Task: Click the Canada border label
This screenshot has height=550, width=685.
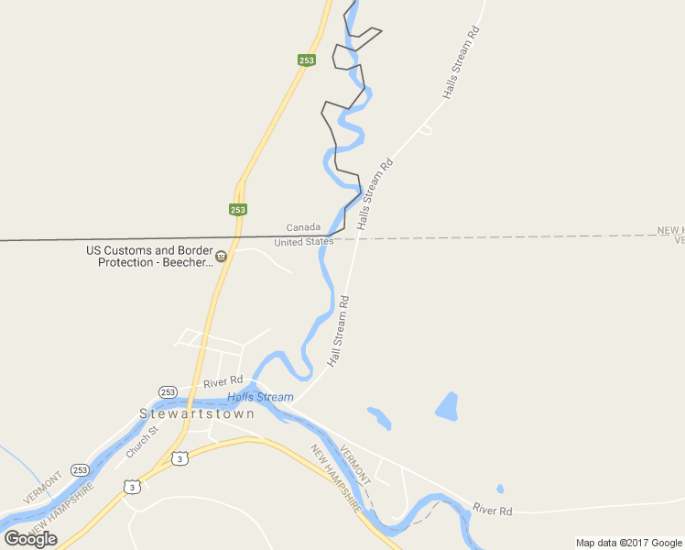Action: [x=303, y=227]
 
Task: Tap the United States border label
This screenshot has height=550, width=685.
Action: [x=304, y=242]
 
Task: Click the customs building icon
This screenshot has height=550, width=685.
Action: [x=221, y=256]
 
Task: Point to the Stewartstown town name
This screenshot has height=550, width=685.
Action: [x=197, y=413]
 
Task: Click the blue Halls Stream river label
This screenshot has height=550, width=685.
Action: [x=260, y=397]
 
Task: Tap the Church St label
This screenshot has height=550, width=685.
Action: [x=142, y=441]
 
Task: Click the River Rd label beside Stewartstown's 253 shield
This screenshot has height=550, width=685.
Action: [x=223, y=380]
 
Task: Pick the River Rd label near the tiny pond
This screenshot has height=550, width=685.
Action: [x=493, y=511]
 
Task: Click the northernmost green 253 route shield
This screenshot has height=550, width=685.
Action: [x=307, y=60]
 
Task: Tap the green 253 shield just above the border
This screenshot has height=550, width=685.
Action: [x=238, y=209]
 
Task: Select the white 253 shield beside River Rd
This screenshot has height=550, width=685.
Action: [x=168, y=391]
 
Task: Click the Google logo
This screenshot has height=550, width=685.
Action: [x=30, y=538]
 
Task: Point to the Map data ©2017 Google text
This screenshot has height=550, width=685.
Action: [x=629, y=543]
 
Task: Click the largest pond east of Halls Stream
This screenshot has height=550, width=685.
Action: [x=447, y=406]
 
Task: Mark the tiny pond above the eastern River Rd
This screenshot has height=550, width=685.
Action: [x=500, y=489]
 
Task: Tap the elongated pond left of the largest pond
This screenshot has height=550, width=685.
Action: [x=380, y=418]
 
